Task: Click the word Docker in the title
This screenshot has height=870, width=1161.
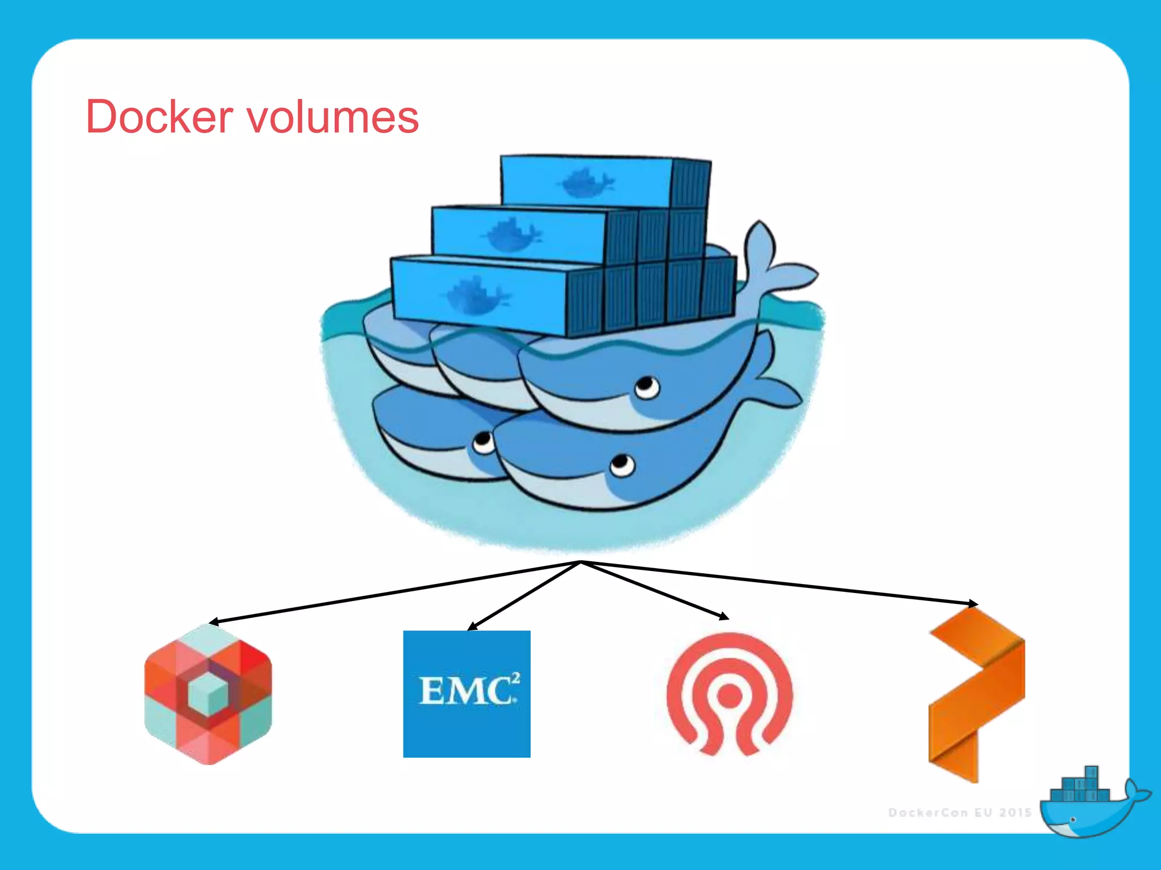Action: (x=159, y=117)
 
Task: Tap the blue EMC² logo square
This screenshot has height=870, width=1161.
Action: (x=467, y=693)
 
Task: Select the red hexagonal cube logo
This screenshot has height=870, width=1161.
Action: (x=208, y=694)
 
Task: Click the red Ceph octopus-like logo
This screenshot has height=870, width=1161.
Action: (x=730, y=694)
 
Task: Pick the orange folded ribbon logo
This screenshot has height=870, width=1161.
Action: (x=976, y=694)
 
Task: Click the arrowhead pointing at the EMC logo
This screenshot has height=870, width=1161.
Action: (x=472, y=626)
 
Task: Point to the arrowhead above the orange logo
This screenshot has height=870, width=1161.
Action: (x=973, y=603)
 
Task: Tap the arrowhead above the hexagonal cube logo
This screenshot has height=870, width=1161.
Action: (x=214, y=622)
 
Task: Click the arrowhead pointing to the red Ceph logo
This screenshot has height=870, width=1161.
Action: (x=724, y=616)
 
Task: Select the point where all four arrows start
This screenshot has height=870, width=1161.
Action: (x=580, y=562)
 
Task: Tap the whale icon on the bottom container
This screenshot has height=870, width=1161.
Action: (x=477, y=295)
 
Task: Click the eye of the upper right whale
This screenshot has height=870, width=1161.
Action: (x=646, y=387)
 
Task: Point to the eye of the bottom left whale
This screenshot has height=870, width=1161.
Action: (x=484, y=441)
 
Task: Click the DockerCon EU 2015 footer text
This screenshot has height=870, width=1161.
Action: (x=959, y=812)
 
